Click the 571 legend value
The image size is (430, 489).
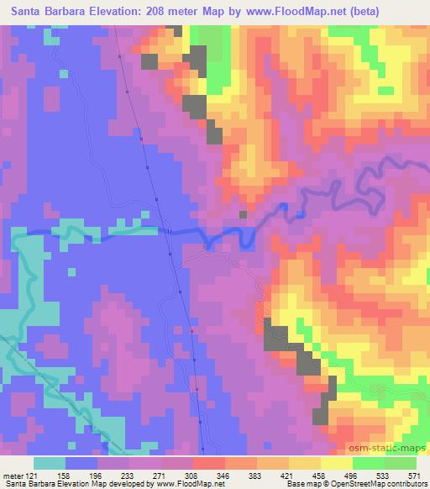pos(414,475)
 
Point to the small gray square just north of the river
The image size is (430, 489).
pos(243,214)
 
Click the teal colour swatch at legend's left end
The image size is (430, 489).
pos(50,463)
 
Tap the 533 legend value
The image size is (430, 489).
pos(383,475)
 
